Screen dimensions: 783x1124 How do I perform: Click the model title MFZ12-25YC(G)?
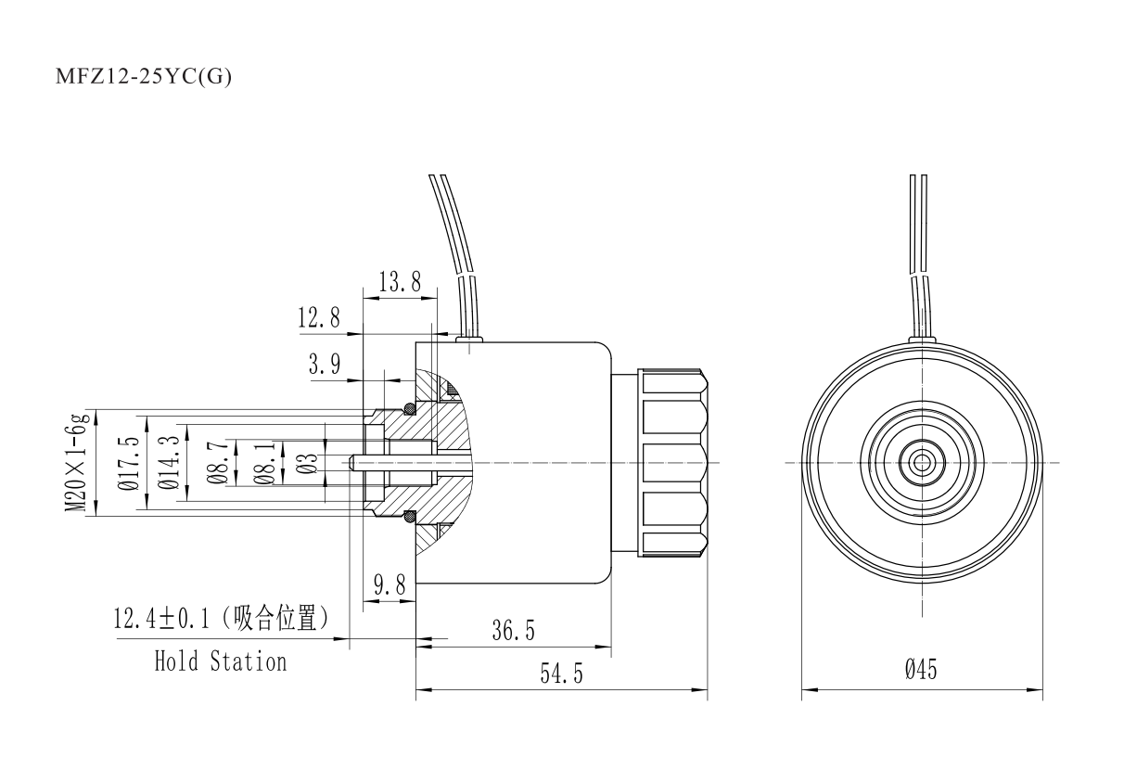pyautogui.click(x=145, y=76)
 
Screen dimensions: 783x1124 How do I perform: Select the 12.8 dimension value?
pyautogui.click(x=319, y=319)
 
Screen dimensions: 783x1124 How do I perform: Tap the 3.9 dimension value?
pyautogui.click(x=324, y=366)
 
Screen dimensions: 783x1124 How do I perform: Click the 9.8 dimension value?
pyautogui.click(x=390, y=585)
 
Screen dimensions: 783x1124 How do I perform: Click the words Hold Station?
pyautogui.click(x=220, y=661)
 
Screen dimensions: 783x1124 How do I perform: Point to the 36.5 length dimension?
pyautogui.click(x=513, y=631)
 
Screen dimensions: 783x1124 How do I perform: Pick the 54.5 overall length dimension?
pyautogui.click(x=562, y=674)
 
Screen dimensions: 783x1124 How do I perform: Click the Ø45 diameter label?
pyautogui.click(x=921, y=669)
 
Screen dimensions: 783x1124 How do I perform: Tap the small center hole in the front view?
pyautogui.click(x=922, y=461)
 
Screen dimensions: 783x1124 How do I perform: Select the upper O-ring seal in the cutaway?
pyautogui.click(x=408, y=408)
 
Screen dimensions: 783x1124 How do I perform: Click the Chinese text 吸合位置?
pyautogui.click(x=281, y=620)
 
